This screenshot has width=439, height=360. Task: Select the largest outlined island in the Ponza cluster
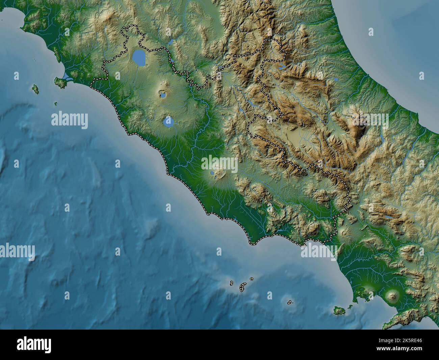(242, 287)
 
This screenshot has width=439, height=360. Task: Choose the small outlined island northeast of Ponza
(252, 279)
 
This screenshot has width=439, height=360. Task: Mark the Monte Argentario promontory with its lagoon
(60, 82)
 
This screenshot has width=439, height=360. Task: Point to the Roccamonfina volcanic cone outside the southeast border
(344, 233)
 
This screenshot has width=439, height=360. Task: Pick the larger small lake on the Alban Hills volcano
(213, 173)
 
